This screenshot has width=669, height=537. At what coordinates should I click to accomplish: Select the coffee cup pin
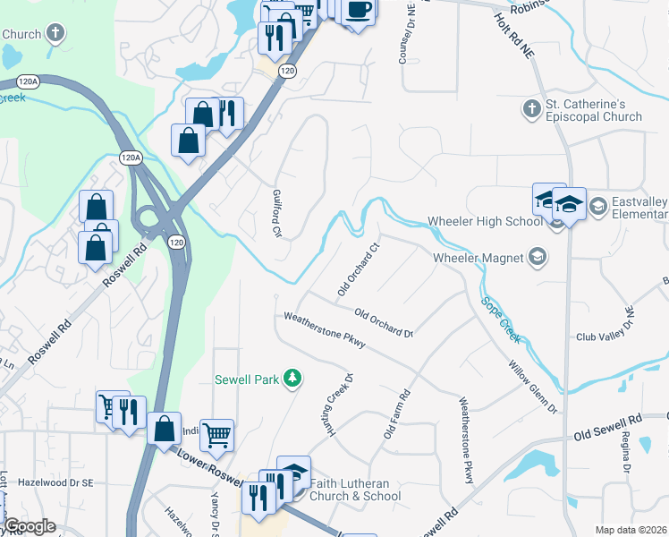pos(359,10)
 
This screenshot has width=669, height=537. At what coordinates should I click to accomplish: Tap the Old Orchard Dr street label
pos(384,323)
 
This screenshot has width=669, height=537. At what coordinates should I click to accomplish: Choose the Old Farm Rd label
pos(396,413)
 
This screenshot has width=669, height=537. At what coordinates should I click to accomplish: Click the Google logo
pos(30,526)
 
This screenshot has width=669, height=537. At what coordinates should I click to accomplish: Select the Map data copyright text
pos(631,530)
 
